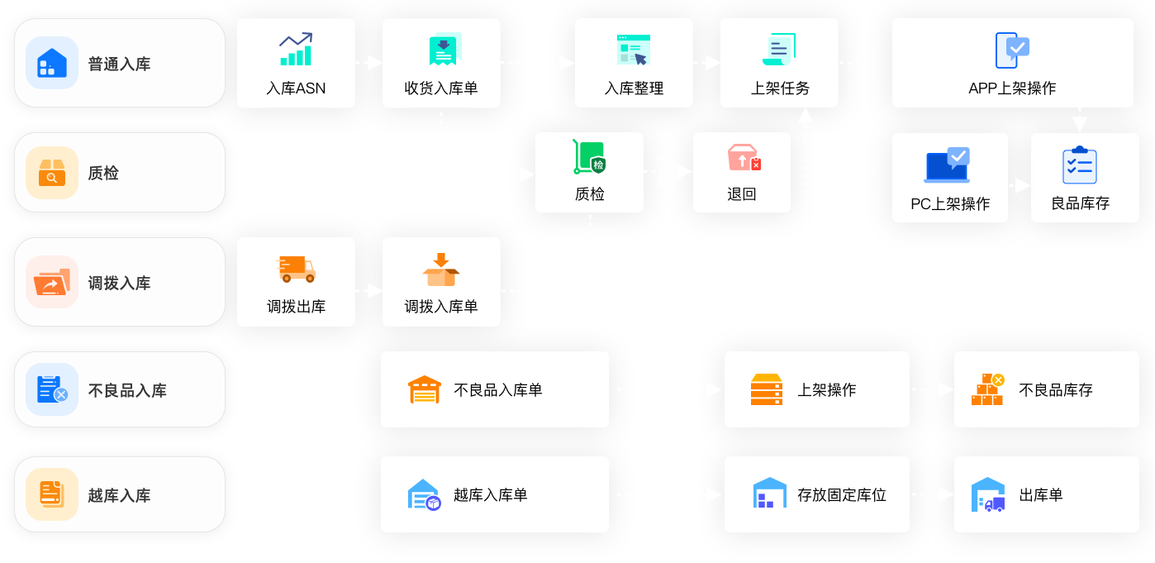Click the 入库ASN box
tap(296, 64)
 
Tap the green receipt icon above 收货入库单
tap(444, 50)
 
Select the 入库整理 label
tap(634, 88)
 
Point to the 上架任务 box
tap(779, 64)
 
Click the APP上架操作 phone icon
tap(1012, 50)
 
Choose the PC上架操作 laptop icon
tap(947, 165)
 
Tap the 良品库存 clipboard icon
tap(1079, 165)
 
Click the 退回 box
tap(741, 172)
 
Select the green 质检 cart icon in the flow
tap(589, 157)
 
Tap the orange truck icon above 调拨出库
tap(296, 268)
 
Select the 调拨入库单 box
tap(441, 282)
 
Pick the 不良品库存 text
tap(1056, 390)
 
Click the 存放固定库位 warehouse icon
tap(769, 494)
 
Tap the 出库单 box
tap(1046, 494)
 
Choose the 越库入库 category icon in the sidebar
tap(52, 494)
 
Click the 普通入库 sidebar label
tap(120, 64)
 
